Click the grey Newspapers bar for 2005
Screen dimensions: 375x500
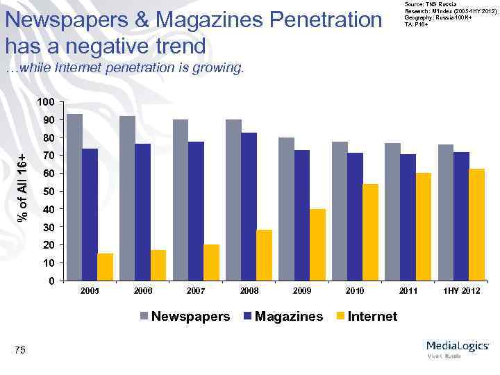pos(74,197)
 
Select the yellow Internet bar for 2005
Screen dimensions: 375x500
pos(106,267)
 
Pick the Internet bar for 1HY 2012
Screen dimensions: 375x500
pos(476,225)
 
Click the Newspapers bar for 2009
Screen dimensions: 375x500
pos(286,209)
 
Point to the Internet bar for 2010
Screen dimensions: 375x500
pos(370,233)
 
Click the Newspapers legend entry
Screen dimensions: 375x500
pos(185,317)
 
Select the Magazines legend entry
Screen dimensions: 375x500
pos(283,317)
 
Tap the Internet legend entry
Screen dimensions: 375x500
pos(366,317)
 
